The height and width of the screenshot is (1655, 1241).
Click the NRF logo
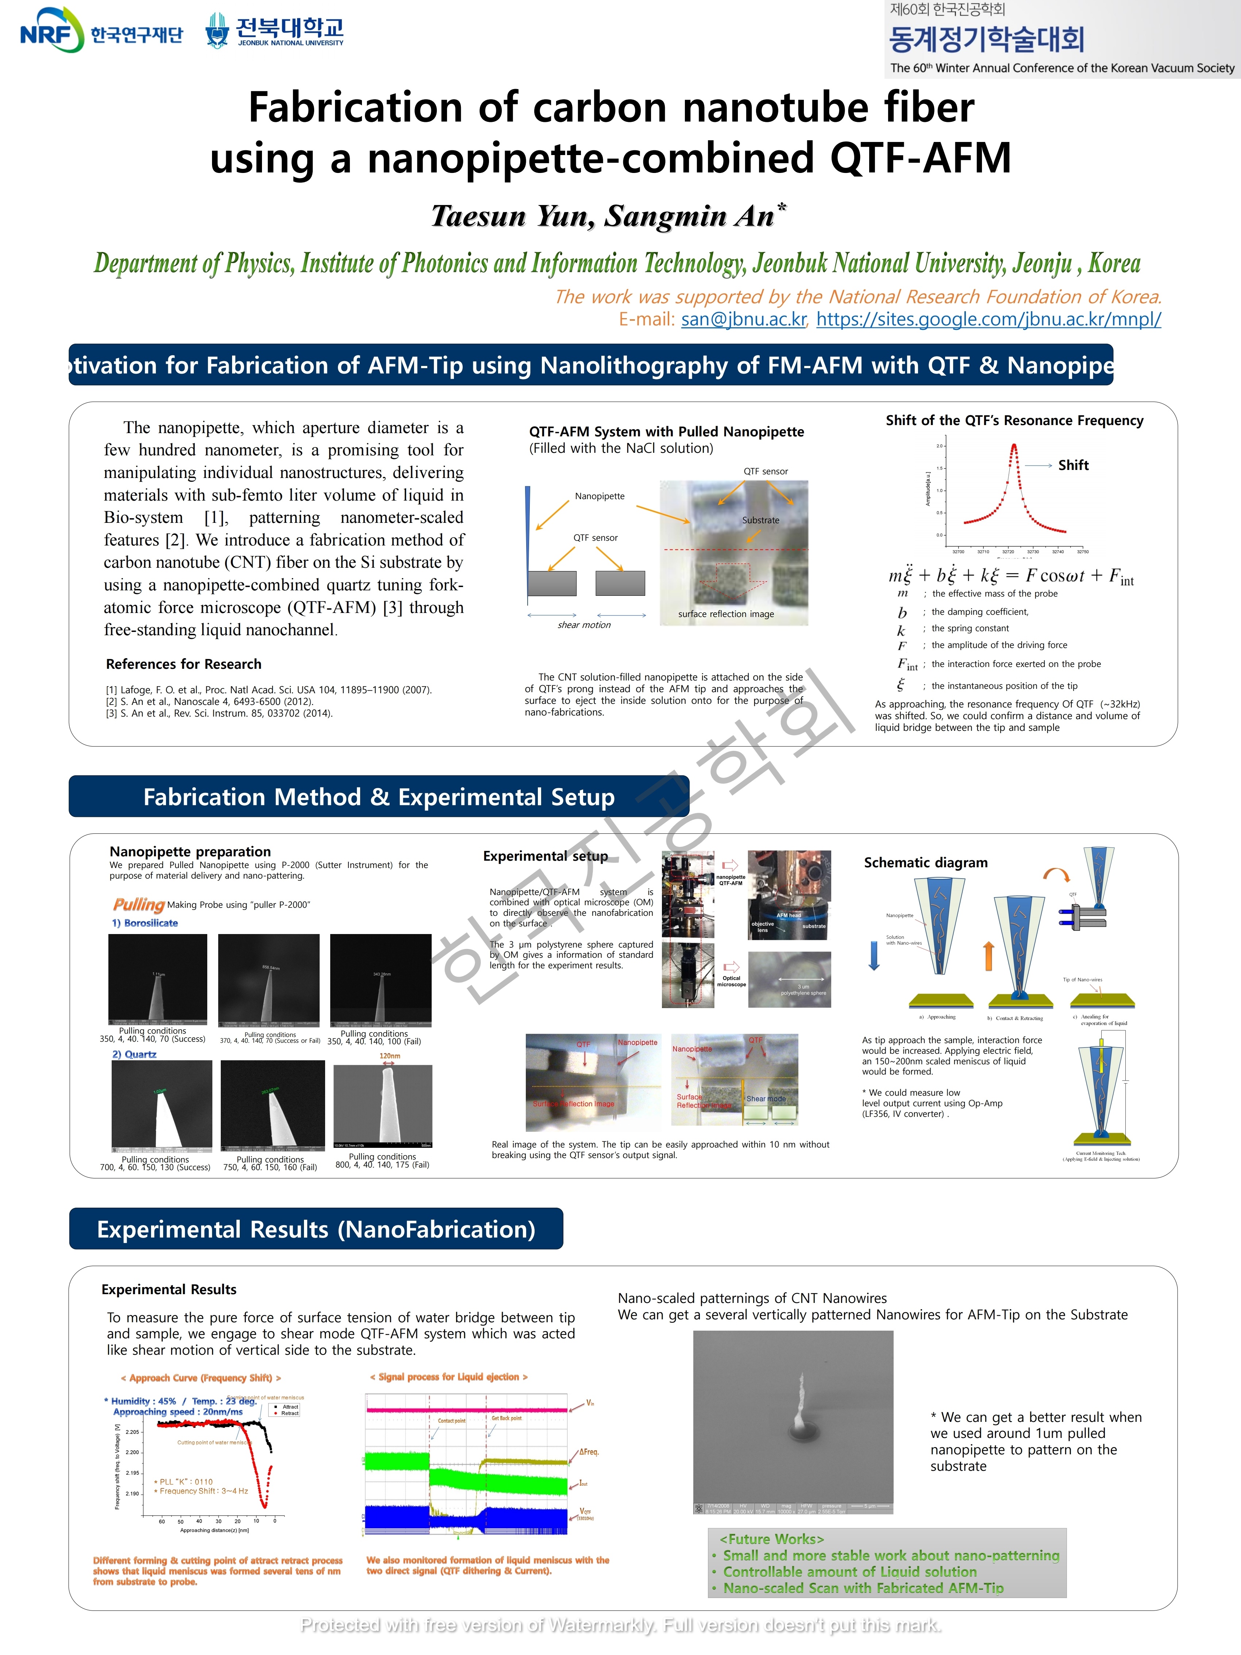(51, 30)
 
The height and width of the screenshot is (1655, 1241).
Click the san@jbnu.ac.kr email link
(744, 320)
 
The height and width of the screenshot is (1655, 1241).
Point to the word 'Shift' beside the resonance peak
(1073, 465)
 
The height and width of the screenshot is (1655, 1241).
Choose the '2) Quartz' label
(135, 1054)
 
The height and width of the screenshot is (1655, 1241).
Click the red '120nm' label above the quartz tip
(390, 1056)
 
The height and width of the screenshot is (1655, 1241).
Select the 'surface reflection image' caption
(726, 614)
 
